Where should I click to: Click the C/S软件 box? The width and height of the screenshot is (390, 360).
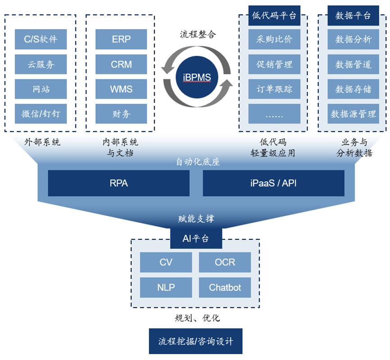[41, 39]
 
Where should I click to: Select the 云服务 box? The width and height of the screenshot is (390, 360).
[41, 64]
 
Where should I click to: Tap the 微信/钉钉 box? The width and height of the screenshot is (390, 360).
[41, 114]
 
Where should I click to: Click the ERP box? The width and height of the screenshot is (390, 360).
[121, 39]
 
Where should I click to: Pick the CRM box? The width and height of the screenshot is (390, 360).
[121, 64]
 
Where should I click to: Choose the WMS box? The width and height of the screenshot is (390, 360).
[121, 89]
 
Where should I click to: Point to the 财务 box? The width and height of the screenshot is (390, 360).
[121, 114]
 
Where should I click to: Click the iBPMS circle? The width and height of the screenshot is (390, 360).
[197, 77]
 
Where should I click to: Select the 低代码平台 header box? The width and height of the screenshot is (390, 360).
[274, 16]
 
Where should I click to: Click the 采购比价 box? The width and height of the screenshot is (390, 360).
[274, 39]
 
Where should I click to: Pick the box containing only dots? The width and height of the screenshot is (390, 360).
[274, 114]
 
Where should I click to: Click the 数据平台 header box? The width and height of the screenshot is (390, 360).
[353, 16]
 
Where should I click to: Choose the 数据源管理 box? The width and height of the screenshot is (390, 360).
[353, 114]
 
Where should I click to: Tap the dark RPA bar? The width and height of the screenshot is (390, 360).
[119, 183]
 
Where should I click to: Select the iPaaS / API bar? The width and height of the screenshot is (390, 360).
[273, 183]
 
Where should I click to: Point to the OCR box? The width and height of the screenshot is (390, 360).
[225, 262]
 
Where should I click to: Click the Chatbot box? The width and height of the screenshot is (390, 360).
[225, 287]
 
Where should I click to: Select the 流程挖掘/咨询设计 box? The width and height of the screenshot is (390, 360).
[196, 341]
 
